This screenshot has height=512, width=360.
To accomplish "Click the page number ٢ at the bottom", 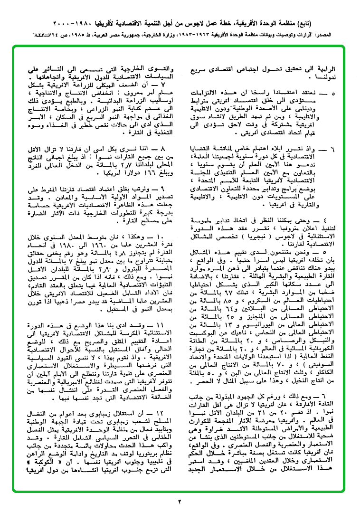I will [180, 501].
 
